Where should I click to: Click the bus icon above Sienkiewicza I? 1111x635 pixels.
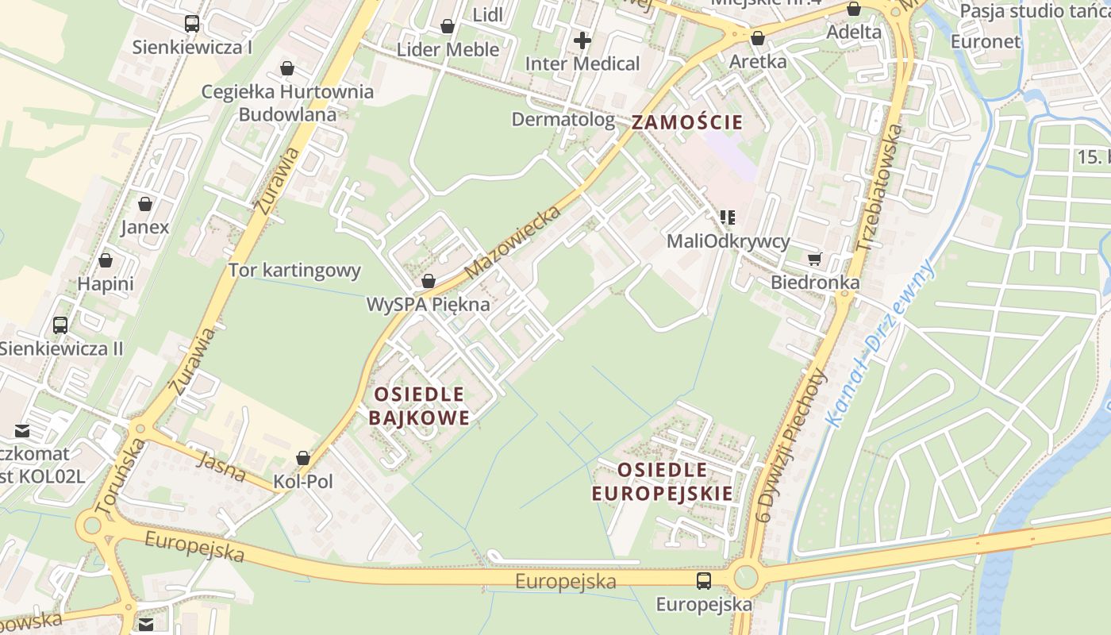tap(191, 24)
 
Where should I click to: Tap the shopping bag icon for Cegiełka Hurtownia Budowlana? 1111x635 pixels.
tap(286, 68)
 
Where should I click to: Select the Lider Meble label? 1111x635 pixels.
tap(448, 49)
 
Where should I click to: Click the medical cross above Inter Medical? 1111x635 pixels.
tap(582, 40)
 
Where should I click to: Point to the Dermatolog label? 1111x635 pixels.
tap(563, 120)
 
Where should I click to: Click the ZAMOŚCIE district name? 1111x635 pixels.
tap(687, 122)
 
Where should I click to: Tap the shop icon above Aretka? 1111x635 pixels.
tap(757, 38)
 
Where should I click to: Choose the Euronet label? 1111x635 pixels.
tap(985, 41)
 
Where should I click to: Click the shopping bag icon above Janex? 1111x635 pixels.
tap(145, 204)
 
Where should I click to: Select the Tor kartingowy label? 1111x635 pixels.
tap(294, 271)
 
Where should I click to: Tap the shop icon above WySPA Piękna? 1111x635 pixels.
tap(429, 281)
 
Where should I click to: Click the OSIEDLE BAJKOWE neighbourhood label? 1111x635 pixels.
tap(419, 406)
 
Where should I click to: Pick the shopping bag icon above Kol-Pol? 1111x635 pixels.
tap(302, 458)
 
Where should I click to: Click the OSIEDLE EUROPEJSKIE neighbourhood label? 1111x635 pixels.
tap(663, 481)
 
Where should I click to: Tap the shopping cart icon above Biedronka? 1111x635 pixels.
tap(814, 259)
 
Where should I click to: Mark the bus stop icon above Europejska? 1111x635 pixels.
tap(703, 580)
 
